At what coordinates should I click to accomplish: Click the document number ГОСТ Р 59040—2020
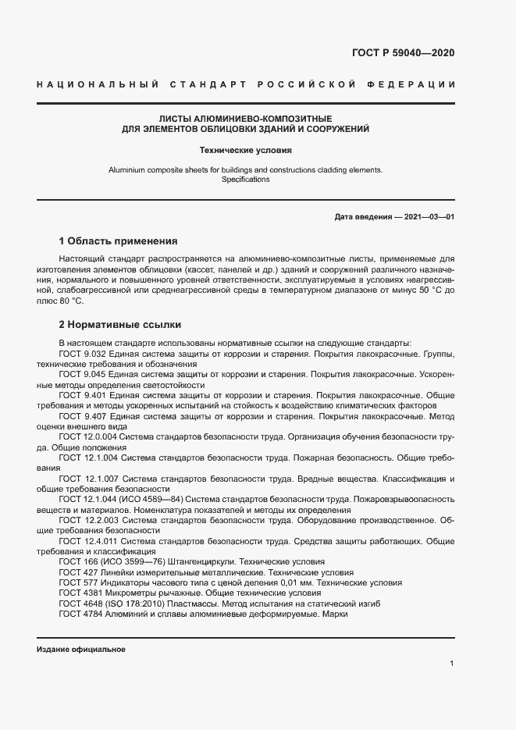point(398,53)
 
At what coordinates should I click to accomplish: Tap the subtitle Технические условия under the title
point(246,149)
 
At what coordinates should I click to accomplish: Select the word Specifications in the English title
point(246,180)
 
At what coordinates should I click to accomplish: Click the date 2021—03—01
point(430,215)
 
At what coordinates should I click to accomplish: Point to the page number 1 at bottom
point(452,663)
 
